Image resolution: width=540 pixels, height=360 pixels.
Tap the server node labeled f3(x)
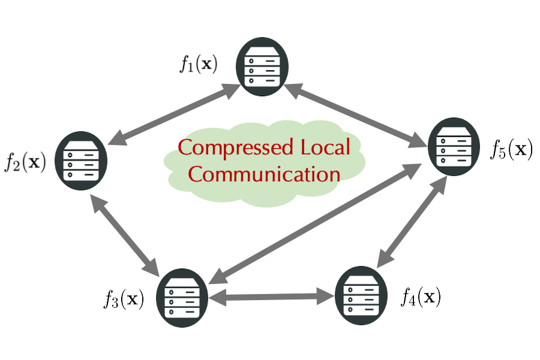(182, 297)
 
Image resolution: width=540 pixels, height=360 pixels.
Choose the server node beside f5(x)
(454, 146)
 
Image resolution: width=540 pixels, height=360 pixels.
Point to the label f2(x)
(26, 161)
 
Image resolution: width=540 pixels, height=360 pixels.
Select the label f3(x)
(123, 299)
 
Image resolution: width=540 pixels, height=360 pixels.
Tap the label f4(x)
(421, 296)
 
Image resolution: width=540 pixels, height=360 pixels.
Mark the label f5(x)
(511, 148)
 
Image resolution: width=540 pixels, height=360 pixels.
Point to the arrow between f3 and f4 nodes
(272, 296)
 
